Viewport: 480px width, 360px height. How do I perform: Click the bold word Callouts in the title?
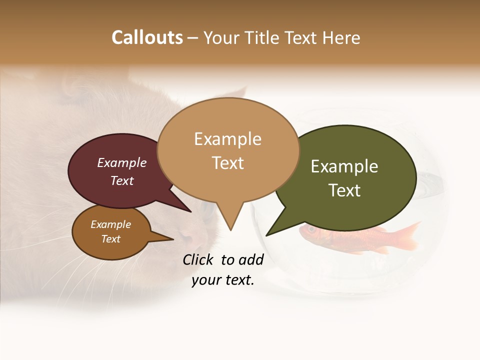(147, 37)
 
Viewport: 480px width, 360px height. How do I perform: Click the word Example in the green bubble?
(344, 166)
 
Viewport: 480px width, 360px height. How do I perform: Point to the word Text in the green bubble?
(344, 190)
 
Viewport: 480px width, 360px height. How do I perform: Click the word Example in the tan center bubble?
(227, 139)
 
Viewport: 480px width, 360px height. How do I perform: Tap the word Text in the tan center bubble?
(227, 163)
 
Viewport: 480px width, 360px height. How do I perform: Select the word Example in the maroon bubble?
(122, 162)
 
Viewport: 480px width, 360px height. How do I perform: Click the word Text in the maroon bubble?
(122, 180)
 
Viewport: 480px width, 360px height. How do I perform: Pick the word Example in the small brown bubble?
(110, 224)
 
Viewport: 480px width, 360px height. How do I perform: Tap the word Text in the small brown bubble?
(110, 239)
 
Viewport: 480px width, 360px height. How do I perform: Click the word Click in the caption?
(199, 259)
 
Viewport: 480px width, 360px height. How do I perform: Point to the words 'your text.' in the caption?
(223, 280)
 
